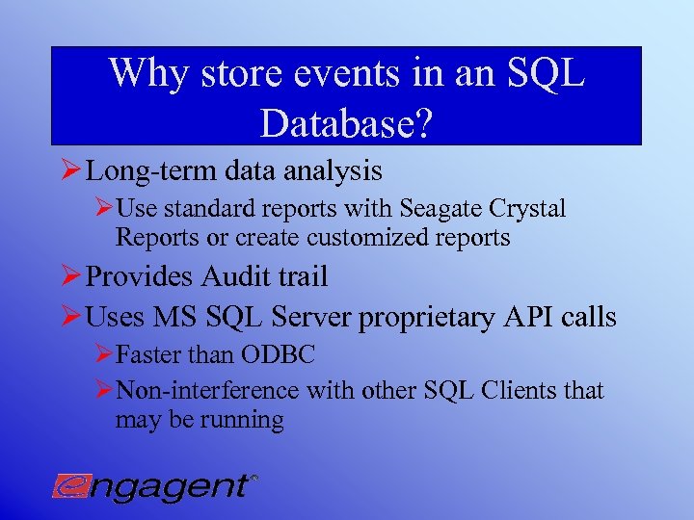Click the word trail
[306, 277]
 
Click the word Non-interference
[207, 391]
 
